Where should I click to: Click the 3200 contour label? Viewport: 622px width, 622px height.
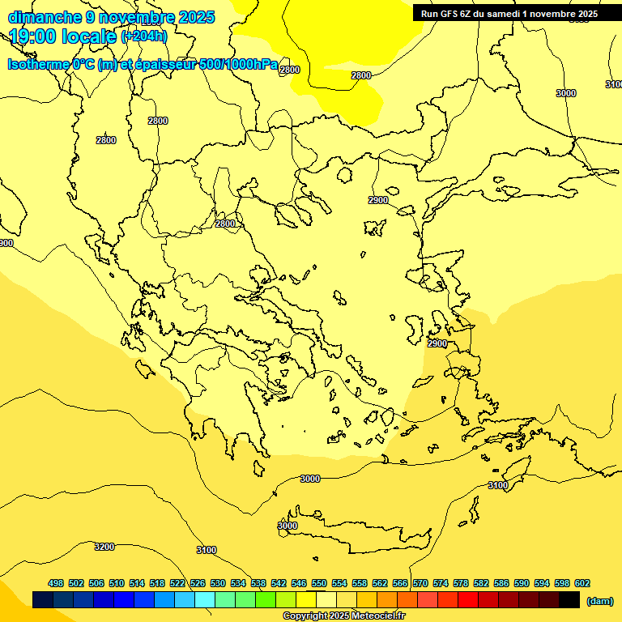(x=104, y=547)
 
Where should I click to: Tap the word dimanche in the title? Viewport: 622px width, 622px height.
(x=45, y=17)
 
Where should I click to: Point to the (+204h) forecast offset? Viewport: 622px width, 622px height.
(x=144, y=36)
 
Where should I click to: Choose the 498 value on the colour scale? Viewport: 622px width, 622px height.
(x=56, y=583)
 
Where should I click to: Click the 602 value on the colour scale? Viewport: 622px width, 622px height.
(x=582, y=583)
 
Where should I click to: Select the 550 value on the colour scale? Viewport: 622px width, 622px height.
(x=319, y=583)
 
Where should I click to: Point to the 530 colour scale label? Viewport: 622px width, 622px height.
(x=218, y=583)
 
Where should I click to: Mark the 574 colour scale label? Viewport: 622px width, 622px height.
(x=441, y=583)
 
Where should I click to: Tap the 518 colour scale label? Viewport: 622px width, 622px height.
(x=157, y=583)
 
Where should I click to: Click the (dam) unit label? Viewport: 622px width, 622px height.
(x=599, y=601)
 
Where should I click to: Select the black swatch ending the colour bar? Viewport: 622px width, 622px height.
(x=569, y=600)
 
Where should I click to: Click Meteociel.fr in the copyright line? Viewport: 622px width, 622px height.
(x=378, y=616)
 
